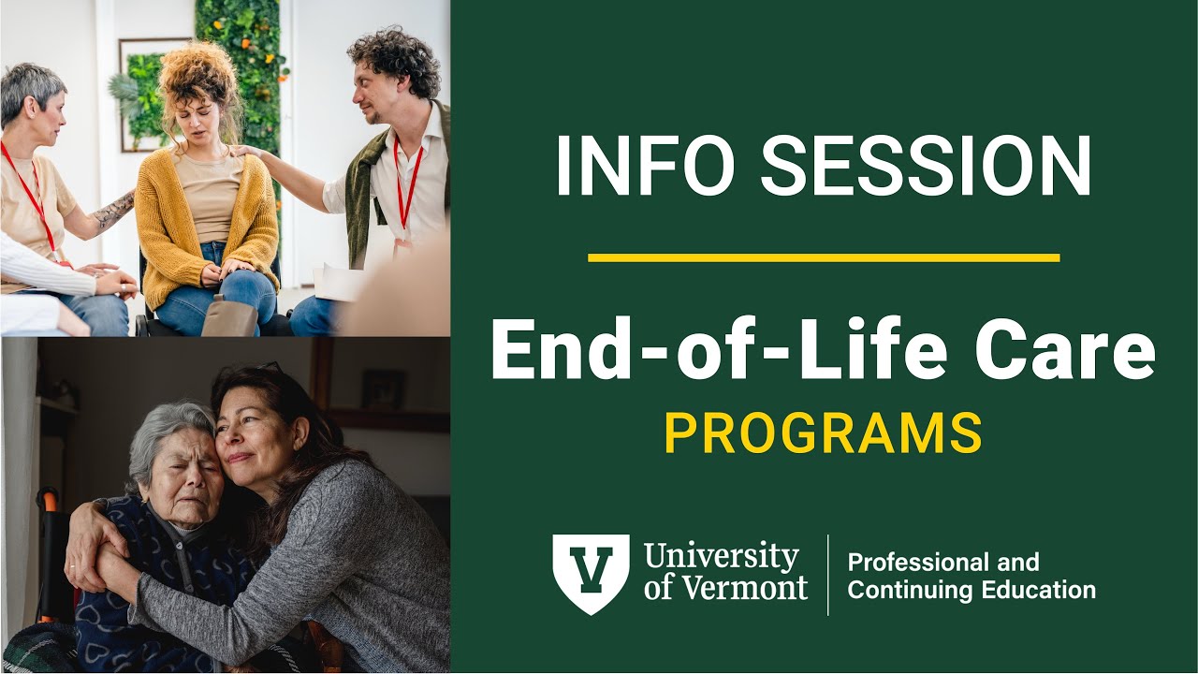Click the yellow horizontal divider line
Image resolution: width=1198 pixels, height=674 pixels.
(x=824, y=257)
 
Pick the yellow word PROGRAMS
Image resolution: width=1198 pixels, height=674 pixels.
(x=824, y=432)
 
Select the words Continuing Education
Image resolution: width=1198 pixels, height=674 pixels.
(x=971, y=591)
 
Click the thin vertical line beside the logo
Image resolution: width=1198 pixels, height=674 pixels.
(x=828, y=574)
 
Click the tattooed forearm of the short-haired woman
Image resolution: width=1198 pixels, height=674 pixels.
(x=114, y=211)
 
